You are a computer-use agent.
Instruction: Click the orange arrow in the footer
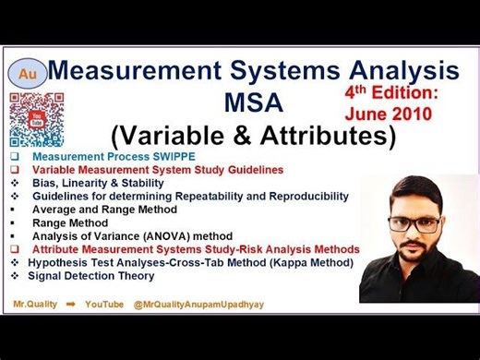[x=70, y=303]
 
